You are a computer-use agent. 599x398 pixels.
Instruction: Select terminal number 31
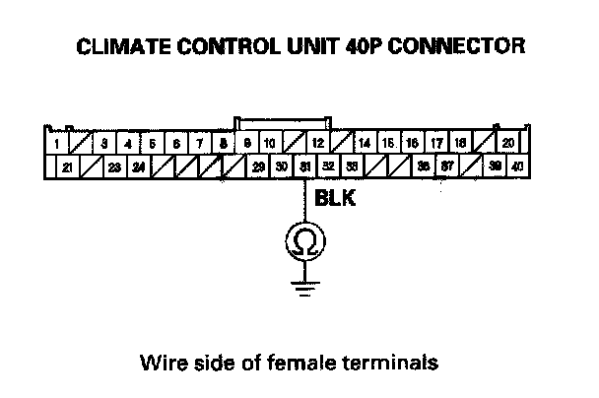point(306,166)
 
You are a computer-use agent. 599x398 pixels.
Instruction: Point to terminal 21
point(67,166)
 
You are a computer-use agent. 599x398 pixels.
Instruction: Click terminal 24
point(139,166)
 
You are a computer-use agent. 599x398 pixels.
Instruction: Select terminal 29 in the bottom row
point(258,166)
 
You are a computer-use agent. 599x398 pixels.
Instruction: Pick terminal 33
point(353,166)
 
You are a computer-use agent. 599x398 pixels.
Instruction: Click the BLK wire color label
point(335,198)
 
